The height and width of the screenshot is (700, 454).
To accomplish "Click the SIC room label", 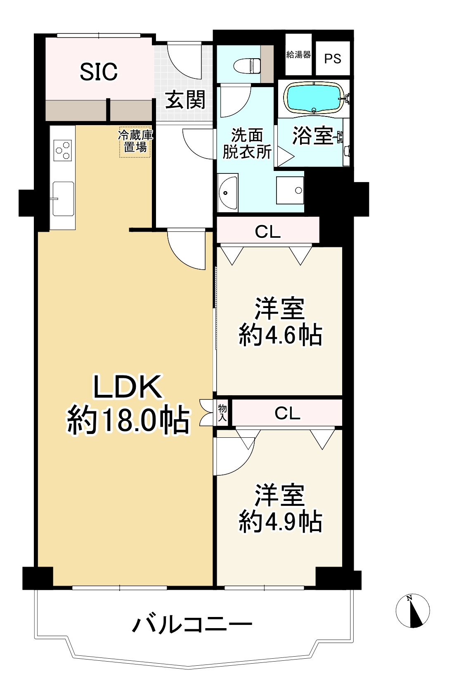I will tap(99, 72).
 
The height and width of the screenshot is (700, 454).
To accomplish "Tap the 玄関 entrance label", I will tap(185, 100).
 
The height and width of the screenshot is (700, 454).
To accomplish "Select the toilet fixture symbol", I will tap(247, 65).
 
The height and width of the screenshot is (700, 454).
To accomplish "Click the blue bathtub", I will tap(314, 97).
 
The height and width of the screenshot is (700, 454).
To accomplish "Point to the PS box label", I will tap(333, 59).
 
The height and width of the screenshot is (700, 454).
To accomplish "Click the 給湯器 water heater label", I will tap(298, 55).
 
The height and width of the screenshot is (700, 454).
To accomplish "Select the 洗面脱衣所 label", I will tap(247, 143).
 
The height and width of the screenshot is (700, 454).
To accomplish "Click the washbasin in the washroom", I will tap(228, 192).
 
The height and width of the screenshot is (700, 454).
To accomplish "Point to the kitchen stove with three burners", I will tap(63, 150).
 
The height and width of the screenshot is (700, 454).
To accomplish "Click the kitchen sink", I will tap(63, 199).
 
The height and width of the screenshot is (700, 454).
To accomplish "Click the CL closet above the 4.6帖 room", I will tap(267, 232).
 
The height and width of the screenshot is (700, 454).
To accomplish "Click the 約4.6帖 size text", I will tap(281, 335).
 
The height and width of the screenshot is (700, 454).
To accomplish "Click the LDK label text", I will tap(128, 387).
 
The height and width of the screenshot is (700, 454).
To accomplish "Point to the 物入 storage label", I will tap(222, 413).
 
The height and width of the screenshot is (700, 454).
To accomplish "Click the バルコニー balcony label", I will tap(192, 624).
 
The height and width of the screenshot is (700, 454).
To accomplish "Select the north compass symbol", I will tap(413, 611).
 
